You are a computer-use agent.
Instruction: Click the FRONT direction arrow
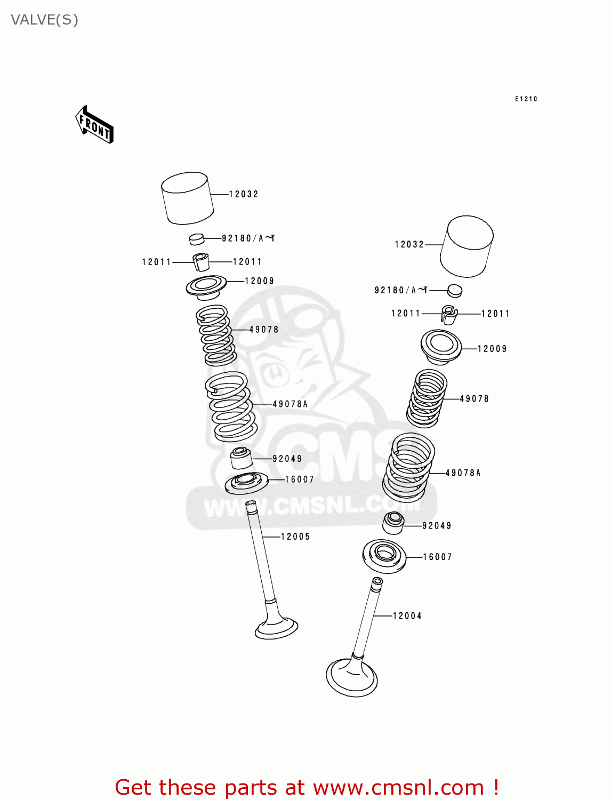[x=94, y=125]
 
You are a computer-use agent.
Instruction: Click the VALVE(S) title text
[x=45, y=20]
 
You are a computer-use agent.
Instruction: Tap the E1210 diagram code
[x=526, y=99]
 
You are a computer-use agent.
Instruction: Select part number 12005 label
[x=295, y=537]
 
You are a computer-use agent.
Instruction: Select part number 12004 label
[x=407, y=616]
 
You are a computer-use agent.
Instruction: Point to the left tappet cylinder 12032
[x=187, y=198]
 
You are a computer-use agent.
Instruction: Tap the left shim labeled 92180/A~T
[x=197, y=238]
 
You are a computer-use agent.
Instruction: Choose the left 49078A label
[x=290, y=404]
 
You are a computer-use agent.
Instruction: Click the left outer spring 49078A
[x=231, y=406]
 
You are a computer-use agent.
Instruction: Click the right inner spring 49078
[x=427, y=398]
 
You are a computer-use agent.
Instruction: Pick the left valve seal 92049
[x=240, y=458]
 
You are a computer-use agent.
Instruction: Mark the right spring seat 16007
[x=384, y=556]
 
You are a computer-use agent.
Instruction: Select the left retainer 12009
[x=206, y=286]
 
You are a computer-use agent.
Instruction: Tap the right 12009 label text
[x=492, y=349]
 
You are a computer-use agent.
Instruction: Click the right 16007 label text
[x=437, y=557]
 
